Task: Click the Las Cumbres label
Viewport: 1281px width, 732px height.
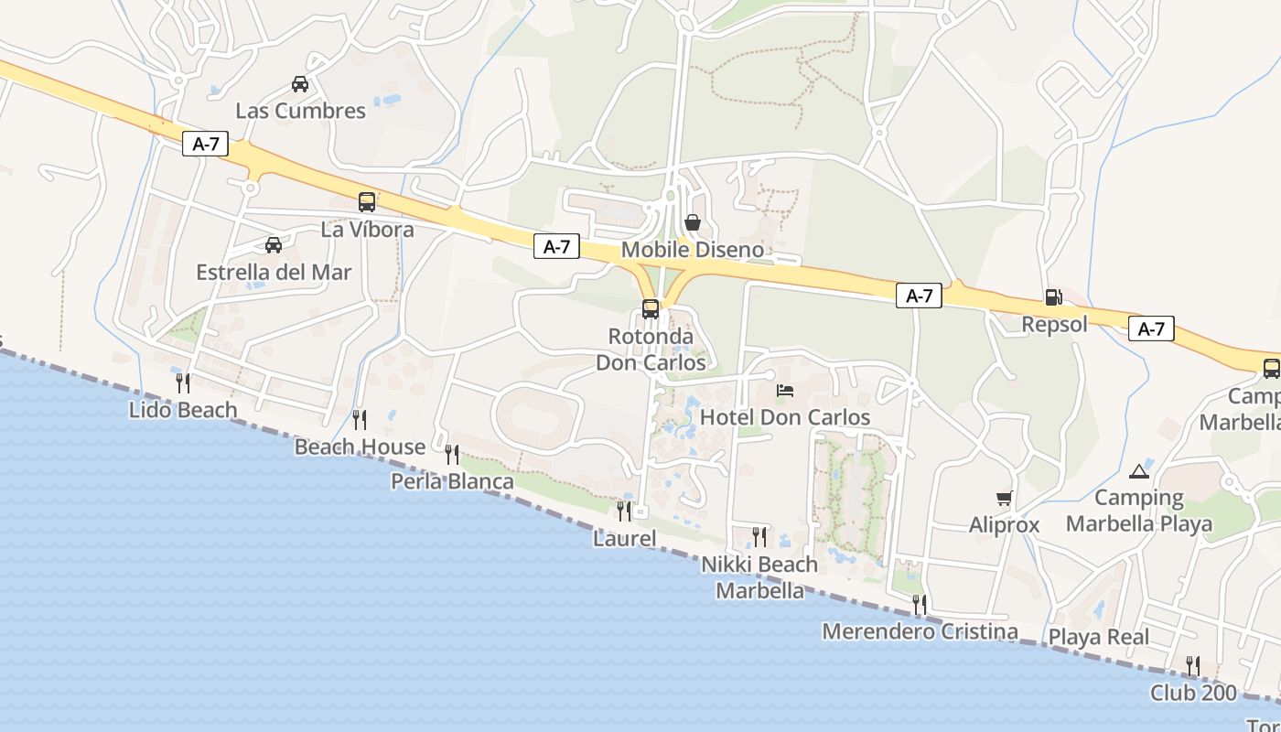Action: [300, 111]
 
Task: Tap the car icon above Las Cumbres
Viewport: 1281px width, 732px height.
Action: [300, 84]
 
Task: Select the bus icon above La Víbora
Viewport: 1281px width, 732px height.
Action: [367, 202]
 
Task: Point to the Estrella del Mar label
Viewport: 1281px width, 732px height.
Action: [274, 272]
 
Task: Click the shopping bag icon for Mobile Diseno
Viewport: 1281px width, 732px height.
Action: [693, 222]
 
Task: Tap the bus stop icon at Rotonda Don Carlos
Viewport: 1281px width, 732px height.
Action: [651, 309]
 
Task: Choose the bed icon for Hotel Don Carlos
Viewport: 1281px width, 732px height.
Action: [785, 391]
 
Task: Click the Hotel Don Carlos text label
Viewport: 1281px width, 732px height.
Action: [785, 417]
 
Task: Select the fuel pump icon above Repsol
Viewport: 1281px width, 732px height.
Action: [1053, 297]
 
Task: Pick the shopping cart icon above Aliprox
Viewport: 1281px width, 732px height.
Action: [1005, 499]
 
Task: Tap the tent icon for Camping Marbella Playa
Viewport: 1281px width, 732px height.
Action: [1138, 471]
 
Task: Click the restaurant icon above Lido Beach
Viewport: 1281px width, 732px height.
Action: [183, 382]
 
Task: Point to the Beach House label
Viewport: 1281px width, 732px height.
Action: [360, 447]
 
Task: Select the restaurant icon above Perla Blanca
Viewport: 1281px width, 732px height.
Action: [452, 454]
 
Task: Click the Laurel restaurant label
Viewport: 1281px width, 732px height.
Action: [625, 538]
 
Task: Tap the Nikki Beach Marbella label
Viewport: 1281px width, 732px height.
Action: [759, 577]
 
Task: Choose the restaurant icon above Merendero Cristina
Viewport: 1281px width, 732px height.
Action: [920, 605]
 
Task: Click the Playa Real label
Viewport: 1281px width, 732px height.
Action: [1099, 637]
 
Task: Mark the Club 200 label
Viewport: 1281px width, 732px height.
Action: [1193, 693]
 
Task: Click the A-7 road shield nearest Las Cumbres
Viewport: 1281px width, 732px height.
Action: [205, 144]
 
